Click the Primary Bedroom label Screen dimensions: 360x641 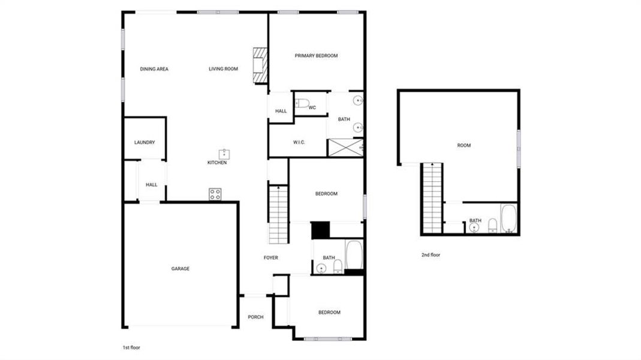click(x=316, y=56)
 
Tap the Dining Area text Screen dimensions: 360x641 click(x=154, y=69)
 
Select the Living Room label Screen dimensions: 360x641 click(x=223, y=69)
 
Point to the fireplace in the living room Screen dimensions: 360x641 click(x=260, y=65)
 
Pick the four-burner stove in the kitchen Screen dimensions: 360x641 click(x=215, y=194)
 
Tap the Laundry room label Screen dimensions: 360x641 click(x=145, y=143)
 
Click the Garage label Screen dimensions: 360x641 click(x=180, y=269)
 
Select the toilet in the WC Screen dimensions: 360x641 click(x=302, y=103)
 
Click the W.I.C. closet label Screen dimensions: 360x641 click(x=299, y=142)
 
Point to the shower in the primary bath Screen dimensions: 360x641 click(x=345, y=148)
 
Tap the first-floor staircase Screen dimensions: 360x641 click(x=278, y=214)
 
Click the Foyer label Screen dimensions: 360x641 click(x=271, y=258)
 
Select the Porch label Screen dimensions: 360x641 click(x=255, y=317)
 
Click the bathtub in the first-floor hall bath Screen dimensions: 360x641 click(x=354, y=255)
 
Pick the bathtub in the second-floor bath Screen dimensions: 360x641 click(x=508, y=219)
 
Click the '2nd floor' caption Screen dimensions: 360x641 click(x=431, y=255)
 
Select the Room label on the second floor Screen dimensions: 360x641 click(x=464, y=145)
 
